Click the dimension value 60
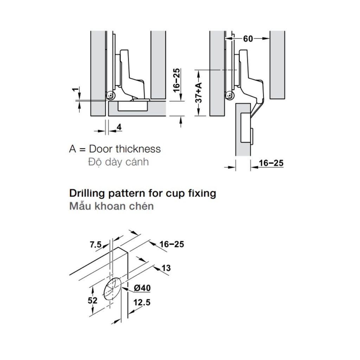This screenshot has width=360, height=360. pos(248,39)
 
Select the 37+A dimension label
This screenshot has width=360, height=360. pos(199,93)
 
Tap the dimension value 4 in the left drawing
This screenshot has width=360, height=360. pos(119,127)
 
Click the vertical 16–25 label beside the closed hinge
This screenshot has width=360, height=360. pos(176,80)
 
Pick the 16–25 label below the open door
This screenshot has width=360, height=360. pos(271,163)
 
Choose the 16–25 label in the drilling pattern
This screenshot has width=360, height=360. pos(172,244)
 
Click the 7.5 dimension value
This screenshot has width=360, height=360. pos(96,245)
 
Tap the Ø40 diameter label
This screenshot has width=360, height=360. pos(142,288)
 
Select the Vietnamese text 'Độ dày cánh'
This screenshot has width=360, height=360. pos(118,162)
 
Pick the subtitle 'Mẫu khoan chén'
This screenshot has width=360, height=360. pos(111,206)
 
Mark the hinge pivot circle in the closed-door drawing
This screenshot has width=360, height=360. pos(110,95)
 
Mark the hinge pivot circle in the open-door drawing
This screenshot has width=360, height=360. pos(230,95)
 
